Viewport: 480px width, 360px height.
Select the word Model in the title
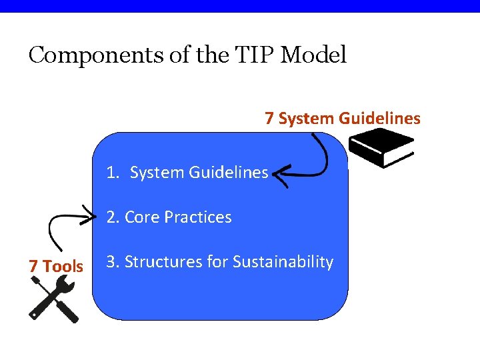(313, 55)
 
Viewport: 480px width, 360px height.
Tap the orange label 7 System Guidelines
(343, 119)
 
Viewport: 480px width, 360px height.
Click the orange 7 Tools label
(56, 266)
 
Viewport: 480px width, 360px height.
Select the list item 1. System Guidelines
(187, 173)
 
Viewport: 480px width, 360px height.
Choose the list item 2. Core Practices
(169, 217)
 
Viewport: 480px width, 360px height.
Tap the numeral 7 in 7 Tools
(33, 266)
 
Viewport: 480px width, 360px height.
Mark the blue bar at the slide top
(240, 6)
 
